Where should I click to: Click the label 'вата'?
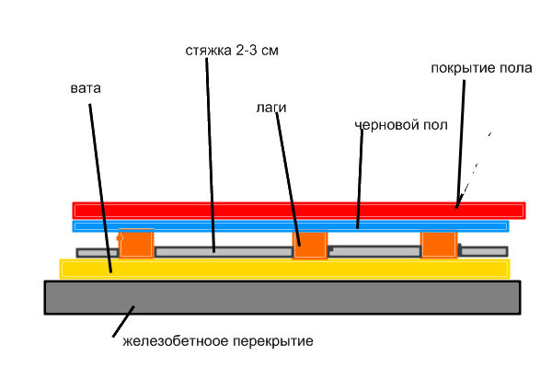[85, 89]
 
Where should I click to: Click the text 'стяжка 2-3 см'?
[231, 51]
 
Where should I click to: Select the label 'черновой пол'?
[401, 124]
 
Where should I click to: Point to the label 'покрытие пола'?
[480, 69]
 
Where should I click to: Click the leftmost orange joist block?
[136, 243]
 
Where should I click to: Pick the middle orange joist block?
[310, 246]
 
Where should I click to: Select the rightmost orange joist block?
[439, 245]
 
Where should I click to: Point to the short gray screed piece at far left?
[97, 252]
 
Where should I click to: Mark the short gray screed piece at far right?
[483, 250]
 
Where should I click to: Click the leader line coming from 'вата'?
[100, 184]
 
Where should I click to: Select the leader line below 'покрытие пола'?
[461, 138]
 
